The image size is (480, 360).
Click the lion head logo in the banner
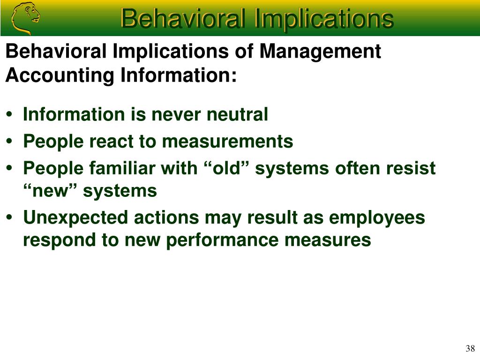click(x=25, y=19)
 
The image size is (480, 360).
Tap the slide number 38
click(x=470, y=348)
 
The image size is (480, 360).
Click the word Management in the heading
click(x=320, y=52)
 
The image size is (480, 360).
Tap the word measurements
click(x=227, y=142)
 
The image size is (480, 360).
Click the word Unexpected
click(x=75, y=218)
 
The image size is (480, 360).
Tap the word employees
click(x=377, y=218)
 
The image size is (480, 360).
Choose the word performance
click(x=222, y=240)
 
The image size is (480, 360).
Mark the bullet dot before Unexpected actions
click(x=9, y=217)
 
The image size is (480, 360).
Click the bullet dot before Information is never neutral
click(x=9, y=114)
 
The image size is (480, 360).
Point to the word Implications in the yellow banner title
click(x=323, y=19)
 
